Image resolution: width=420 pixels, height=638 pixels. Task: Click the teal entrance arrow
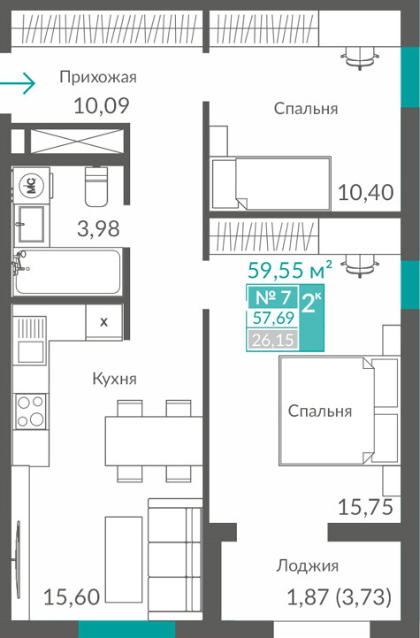[x=18, y=83]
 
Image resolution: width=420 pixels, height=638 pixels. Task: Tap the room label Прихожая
[x=98, y=77]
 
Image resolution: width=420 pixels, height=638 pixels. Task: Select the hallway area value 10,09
[x=102, y=105]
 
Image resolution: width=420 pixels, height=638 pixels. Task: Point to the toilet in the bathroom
[x=96, y=186]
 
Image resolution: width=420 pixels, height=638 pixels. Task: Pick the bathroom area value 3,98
[x=98, y=228]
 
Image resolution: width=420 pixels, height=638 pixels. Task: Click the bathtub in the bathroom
[x=67, y=272]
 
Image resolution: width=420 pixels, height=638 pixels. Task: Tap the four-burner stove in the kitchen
[x=30, y=411]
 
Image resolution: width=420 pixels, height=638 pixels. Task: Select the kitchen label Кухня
[x=115, y=379]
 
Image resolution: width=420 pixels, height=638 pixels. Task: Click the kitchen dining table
[x=154, y=441]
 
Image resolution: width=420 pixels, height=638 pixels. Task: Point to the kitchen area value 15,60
[x=72, y=597]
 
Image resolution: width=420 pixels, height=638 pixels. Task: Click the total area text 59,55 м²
[x=290, y=270]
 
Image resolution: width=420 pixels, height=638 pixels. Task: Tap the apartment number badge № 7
[x=273, y=297]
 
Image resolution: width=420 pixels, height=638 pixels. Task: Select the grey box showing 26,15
[x=272, y=339]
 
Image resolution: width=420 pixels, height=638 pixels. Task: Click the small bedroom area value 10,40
[x=366, y=192]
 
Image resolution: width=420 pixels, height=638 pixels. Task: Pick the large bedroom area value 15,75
[x=365, y=507]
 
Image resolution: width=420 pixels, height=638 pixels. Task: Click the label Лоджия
[x=308, y=566]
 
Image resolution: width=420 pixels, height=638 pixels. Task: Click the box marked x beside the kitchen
[x=104, y=322]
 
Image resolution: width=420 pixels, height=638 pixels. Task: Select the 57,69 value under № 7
[x=273, y=318]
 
